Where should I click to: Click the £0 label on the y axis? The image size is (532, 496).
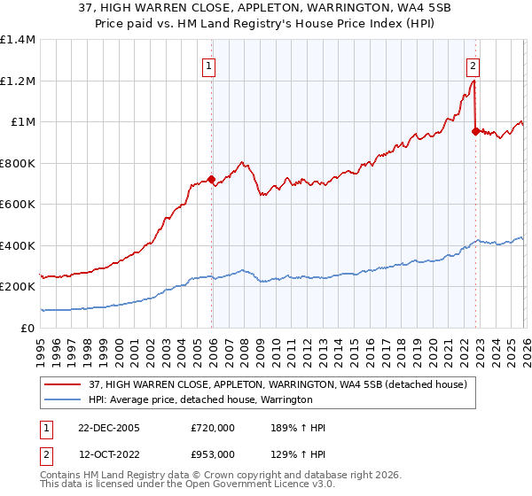[27, 328]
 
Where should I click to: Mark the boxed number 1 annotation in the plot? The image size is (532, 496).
[209, 65]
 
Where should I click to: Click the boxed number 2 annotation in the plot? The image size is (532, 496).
[473, 65]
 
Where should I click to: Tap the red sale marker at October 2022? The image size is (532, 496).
[474, 131]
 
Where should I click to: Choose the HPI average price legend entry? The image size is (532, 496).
[200, 399]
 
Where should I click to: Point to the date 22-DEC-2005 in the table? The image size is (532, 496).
[107, 428]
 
